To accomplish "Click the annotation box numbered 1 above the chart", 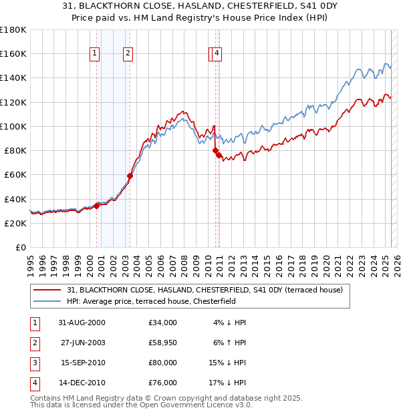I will coord(94,55).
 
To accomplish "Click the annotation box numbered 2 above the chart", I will coord(128,55).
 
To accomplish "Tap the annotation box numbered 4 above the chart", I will coord(218,55).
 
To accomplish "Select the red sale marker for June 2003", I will coord(130,176).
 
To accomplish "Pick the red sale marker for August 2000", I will coord(97,206).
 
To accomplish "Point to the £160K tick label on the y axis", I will coord(13,53).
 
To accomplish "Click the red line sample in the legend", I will coord(46,290).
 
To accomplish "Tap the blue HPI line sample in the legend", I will coord(46,301).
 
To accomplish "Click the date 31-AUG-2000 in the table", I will coord(82,323).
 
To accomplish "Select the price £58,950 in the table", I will coord(163,343).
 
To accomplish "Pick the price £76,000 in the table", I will coord(163,383).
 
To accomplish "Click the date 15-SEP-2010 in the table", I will coord(82,363).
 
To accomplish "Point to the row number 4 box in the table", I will coord(34,383).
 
